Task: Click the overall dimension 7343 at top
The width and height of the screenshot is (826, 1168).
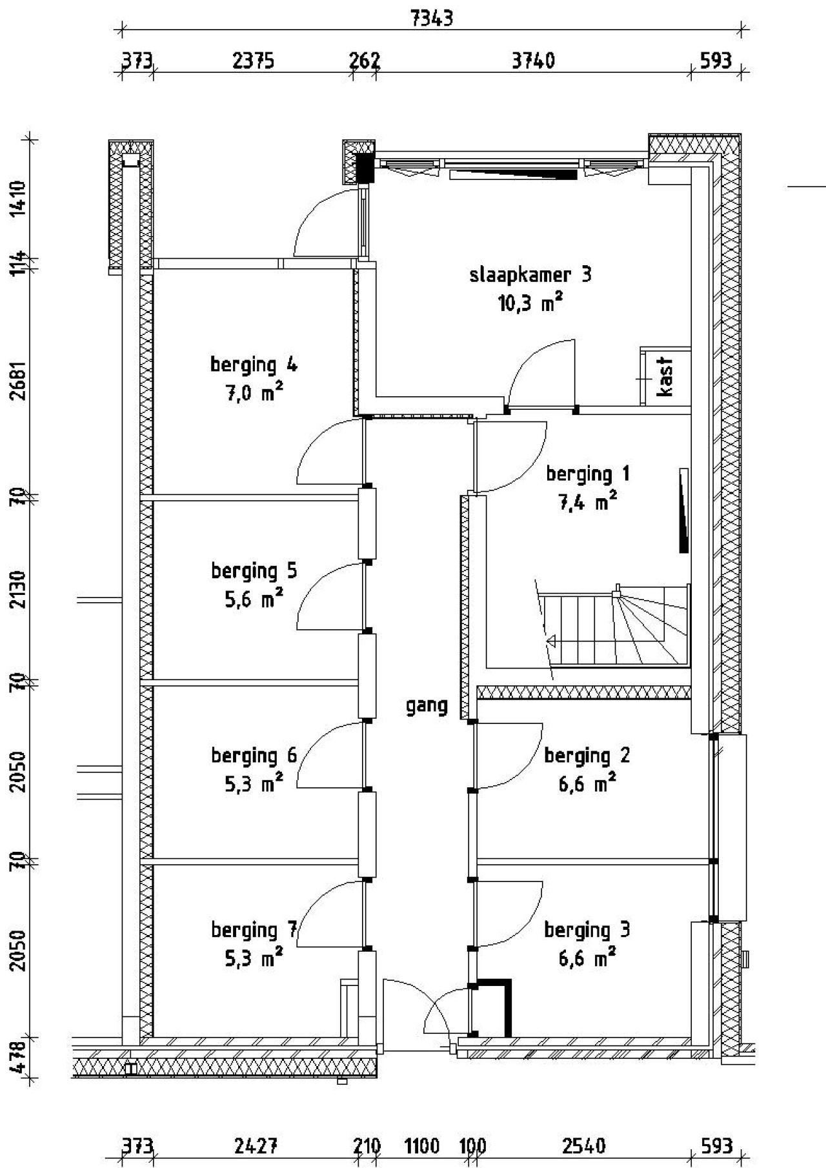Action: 432,19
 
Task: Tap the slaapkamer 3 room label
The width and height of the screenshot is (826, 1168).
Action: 530,276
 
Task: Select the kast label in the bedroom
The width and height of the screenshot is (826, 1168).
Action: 665,378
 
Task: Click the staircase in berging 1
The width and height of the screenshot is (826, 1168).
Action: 613,626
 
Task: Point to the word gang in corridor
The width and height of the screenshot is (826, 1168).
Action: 427,706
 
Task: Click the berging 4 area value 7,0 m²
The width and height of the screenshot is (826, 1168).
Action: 254,393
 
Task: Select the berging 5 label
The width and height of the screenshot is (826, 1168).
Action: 254,571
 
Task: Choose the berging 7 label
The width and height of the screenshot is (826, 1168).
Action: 254,930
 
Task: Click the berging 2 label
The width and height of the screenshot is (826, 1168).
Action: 587,755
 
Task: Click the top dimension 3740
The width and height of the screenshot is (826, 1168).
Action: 533,61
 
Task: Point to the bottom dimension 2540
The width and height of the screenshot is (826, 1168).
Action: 583,1146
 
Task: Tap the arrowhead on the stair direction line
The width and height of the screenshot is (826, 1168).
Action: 552,641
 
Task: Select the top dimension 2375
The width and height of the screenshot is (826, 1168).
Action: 253,61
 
